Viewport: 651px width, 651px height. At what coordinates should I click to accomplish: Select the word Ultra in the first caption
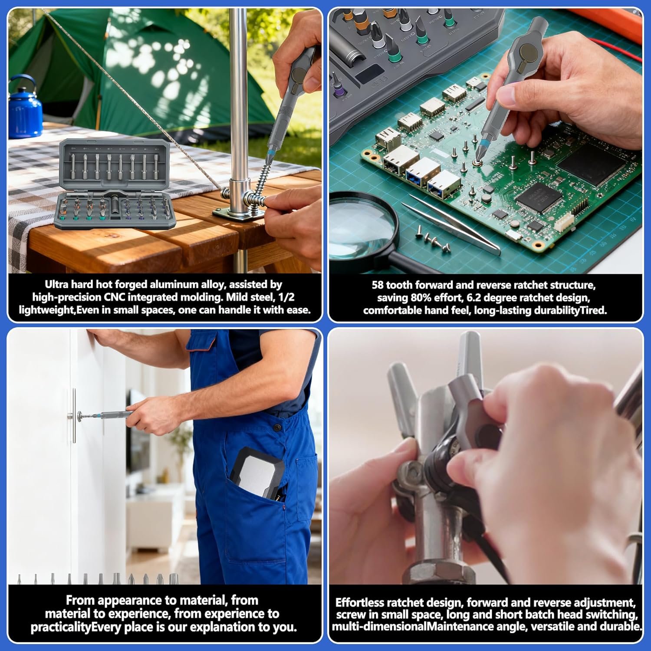[x=56, y=285]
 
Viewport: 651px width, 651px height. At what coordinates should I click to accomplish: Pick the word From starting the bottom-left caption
[x=79, y=600]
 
